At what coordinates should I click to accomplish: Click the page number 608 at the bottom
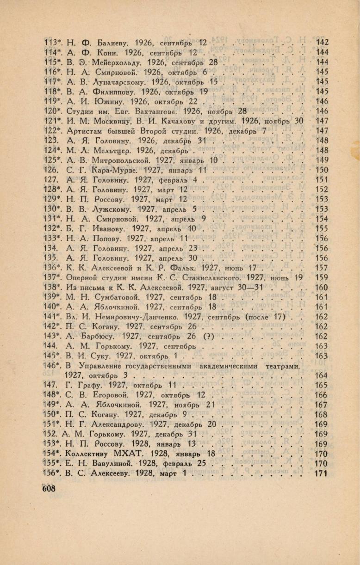pos(49,489)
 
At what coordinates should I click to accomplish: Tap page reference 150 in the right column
pos(321,170)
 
